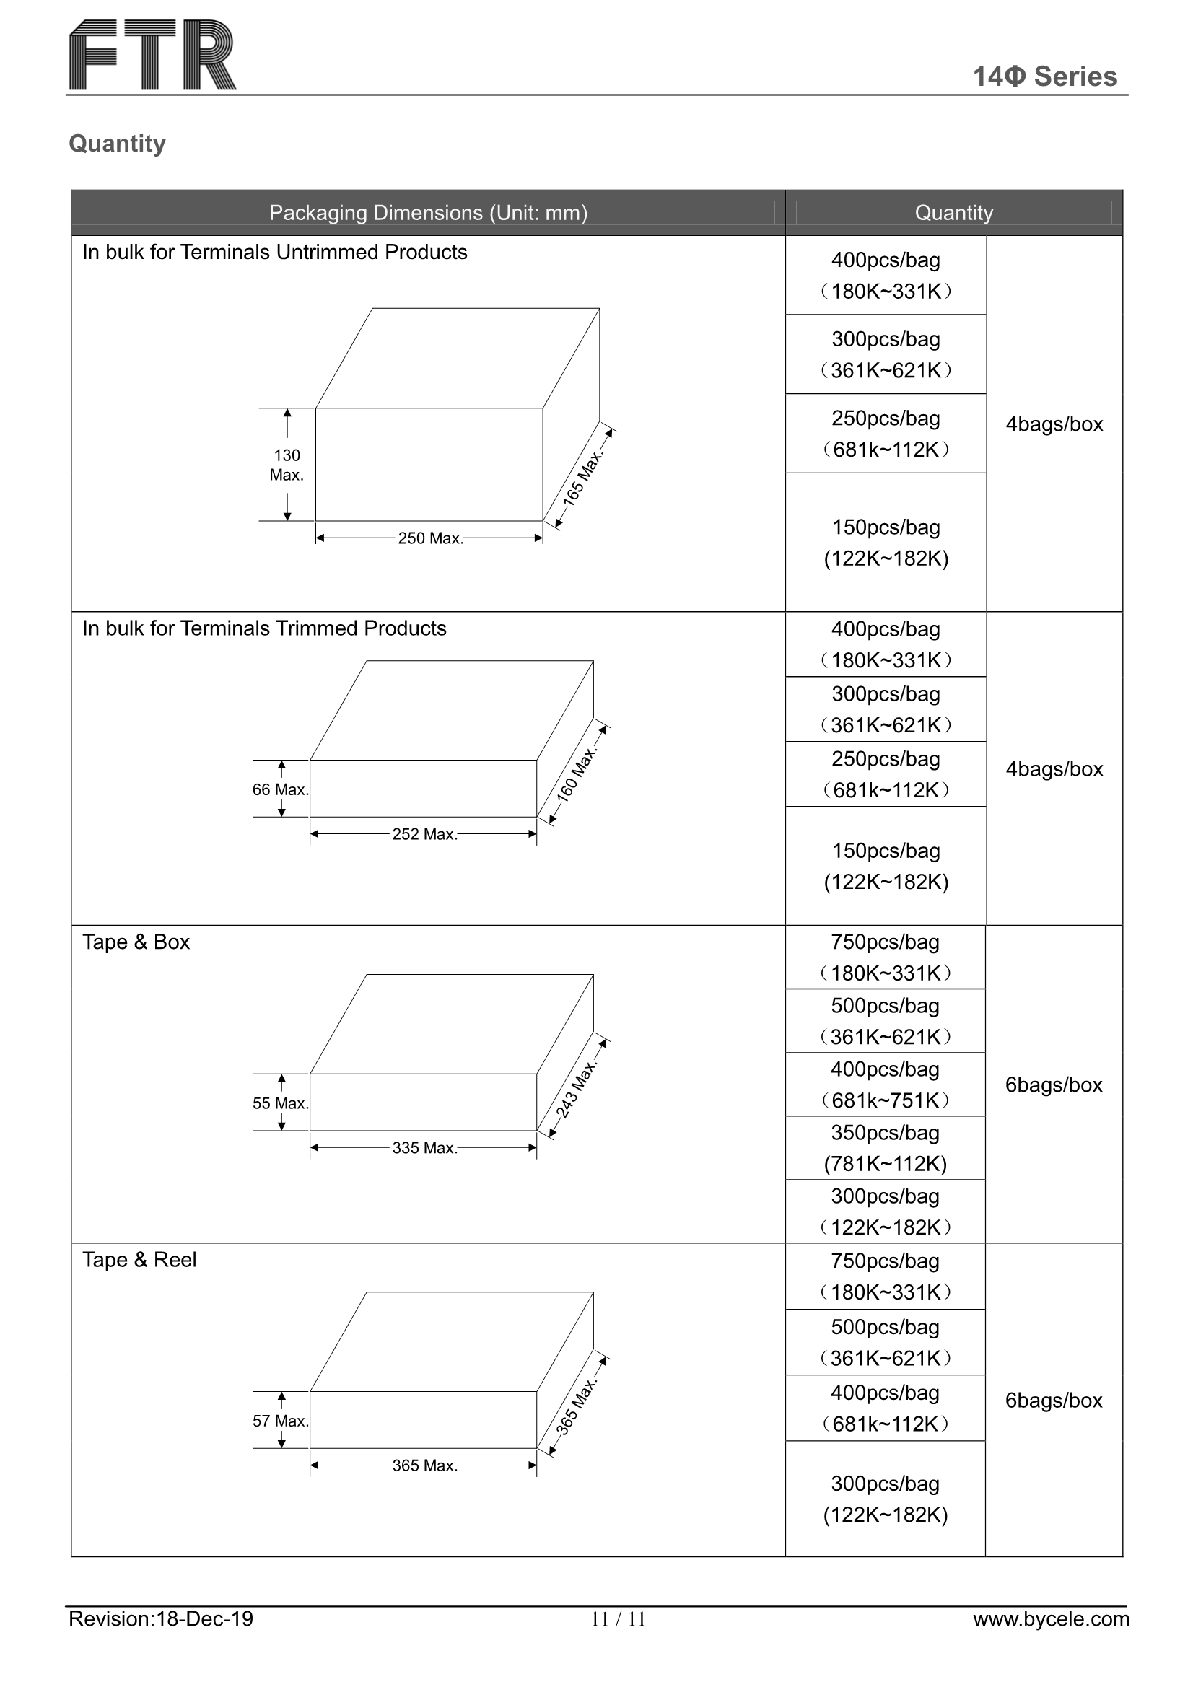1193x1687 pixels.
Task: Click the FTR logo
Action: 152,55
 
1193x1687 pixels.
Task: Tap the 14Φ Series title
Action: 1044,76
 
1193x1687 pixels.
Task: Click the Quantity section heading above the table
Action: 117,144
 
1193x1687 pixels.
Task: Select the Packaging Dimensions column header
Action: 428,213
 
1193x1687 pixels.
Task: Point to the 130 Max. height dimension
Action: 286,465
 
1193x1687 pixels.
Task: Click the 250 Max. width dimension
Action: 430,538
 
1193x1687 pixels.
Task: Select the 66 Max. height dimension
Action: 279,790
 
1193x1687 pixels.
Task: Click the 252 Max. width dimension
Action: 424,835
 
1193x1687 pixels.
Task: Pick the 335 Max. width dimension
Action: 424,1149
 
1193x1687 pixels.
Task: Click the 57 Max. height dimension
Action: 279,1421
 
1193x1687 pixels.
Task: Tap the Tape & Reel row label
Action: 139,1261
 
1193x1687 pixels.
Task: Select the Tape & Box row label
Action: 136,942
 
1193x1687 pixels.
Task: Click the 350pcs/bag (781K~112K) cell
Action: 885,1149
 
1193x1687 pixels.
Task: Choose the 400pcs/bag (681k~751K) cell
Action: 885,1084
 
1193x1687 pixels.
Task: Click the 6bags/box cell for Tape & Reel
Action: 1053,1401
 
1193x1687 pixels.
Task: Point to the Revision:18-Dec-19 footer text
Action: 160,1618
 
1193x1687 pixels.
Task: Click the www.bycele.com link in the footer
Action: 1050,1618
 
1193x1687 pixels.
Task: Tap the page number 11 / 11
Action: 618,1619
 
